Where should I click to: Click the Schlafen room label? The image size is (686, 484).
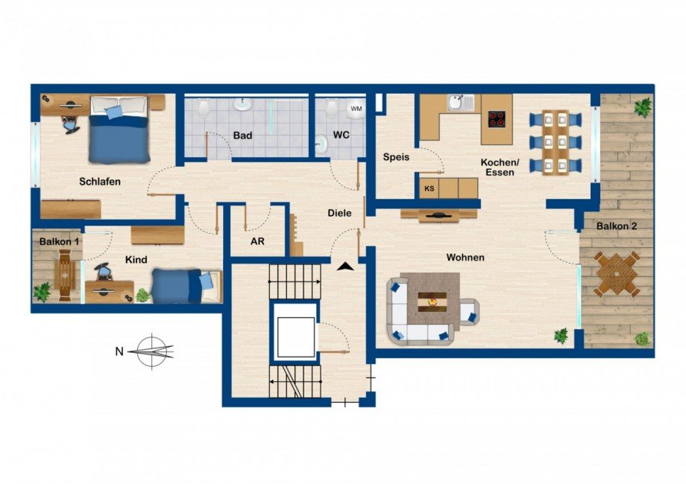click(x=100, y=181)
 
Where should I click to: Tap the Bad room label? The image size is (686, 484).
click(x=242, y=136)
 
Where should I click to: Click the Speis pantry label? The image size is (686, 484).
click(x=396, y=157)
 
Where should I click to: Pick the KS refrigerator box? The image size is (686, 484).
click(x=429, y=189)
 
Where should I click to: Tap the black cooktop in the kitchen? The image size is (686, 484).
click(x=497, y=118)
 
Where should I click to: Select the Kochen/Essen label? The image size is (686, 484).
click(x=499, y=167)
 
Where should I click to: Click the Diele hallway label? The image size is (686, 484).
click(x=339, y=213)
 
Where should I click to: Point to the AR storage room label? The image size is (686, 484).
click(x=257, y=241)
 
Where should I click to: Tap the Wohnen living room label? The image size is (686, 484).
click(x=465, y=258)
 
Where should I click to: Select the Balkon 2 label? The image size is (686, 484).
click(x=615, y=226)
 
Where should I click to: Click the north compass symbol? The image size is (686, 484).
click(x=154, y=350)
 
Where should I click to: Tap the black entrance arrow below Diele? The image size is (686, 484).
click(x=344, y=266)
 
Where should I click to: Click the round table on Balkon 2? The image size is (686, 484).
click(x=617, y=274)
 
